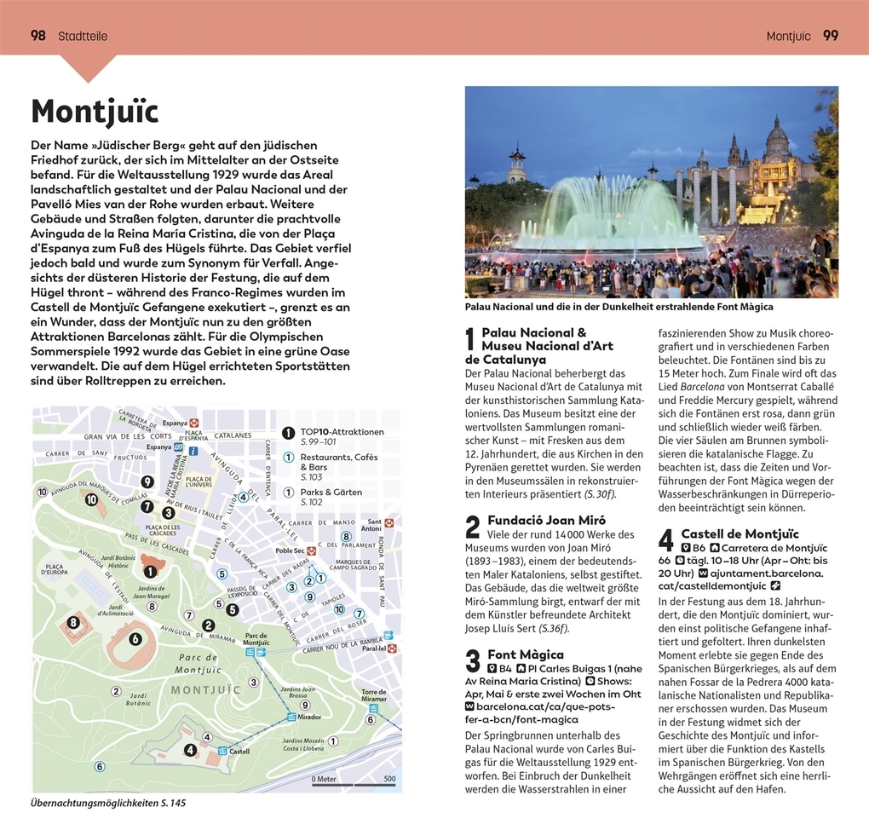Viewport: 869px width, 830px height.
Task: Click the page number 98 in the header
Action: pyautogui.click(x=38, y=36)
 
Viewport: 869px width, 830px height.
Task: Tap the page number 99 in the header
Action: pyautogui.click(x=830, y=36)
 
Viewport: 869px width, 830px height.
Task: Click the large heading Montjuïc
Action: pyautogui.click(x=95, y=112)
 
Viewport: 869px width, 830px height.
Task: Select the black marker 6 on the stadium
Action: pyautogui.click(x=135, y=638)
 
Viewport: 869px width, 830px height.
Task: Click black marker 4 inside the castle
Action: pyautogui.click(x=191, y=751)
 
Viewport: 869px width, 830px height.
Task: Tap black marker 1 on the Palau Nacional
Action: pyautogui.click(x=150, y=571)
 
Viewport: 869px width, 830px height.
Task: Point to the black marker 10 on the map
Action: pyautogui.click(x=42, y=492)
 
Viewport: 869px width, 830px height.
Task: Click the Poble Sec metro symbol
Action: pyautogui.click(x=311, y=551)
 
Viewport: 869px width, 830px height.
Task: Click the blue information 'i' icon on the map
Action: pyautogui.click(x=193, y=451)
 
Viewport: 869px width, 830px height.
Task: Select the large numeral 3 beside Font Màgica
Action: pyautogui.click(x=473, y=661)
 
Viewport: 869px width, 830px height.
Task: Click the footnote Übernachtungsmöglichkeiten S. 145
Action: pyautogui.click(x=107, y=803)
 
